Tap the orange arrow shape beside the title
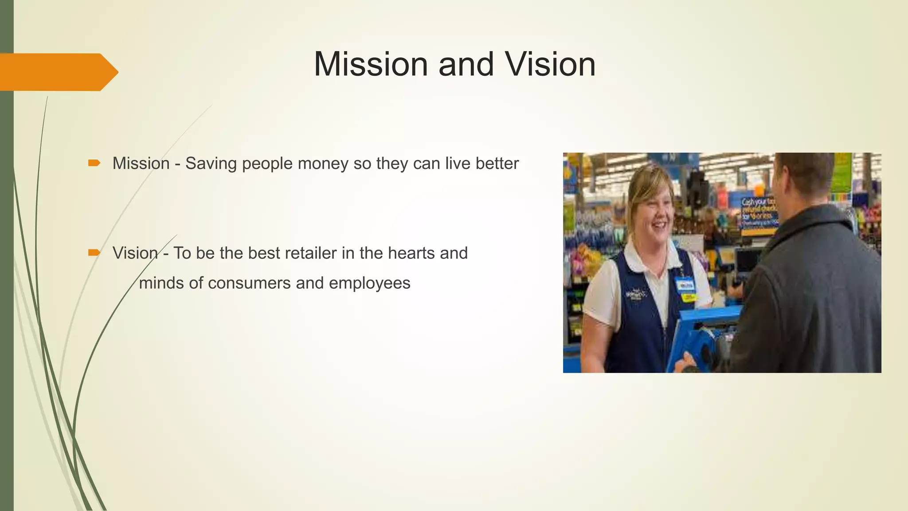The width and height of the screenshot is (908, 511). (58, 72)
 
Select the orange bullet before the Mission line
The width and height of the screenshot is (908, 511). (94, 164)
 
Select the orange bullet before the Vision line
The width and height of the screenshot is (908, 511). (94, 253)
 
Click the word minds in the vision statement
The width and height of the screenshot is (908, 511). (161, 283)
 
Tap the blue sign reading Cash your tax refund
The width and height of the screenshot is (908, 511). (759, 212)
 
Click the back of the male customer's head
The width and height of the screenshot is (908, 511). (805, 173)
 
